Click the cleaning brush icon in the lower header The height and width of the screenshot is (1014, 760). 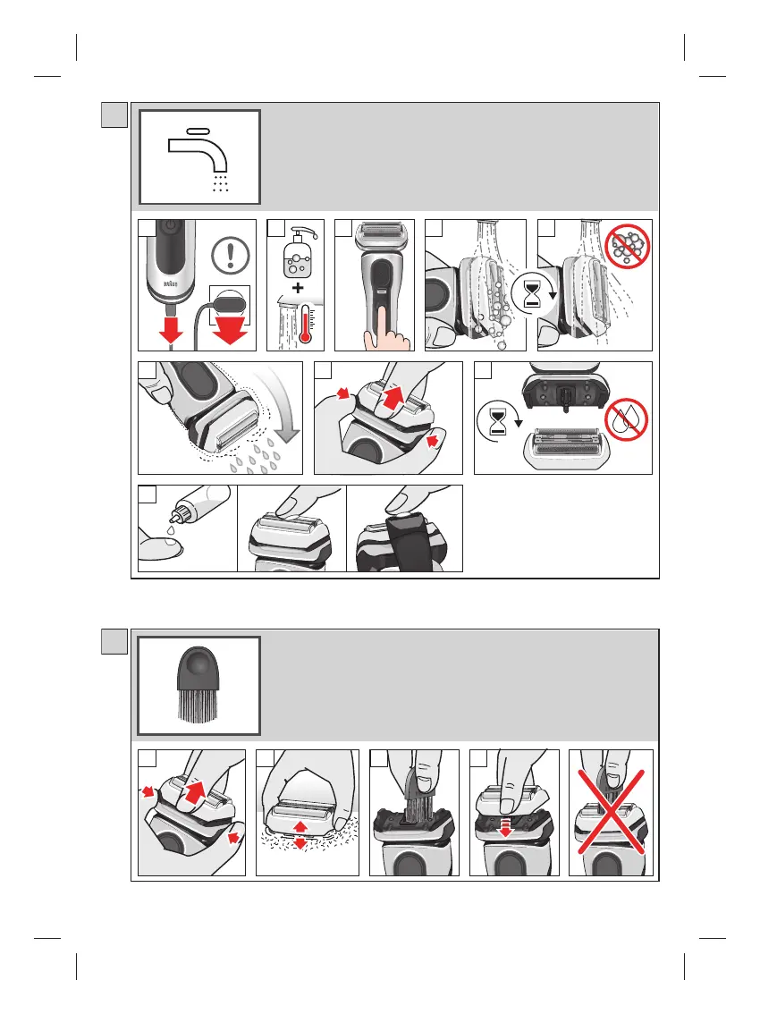point(198,685)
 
